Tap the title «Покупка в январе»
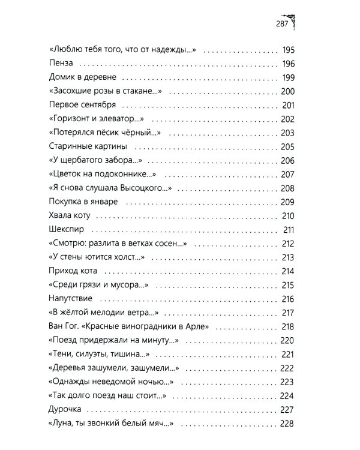coord(81,202)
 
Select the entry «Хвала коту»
coord(68,216)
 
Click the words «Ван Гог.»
coord(62,327)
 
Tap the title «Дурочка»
coord(64,410)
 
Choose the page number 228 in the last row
coord(286,424)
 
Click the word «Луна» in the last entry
coord(61,424)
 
